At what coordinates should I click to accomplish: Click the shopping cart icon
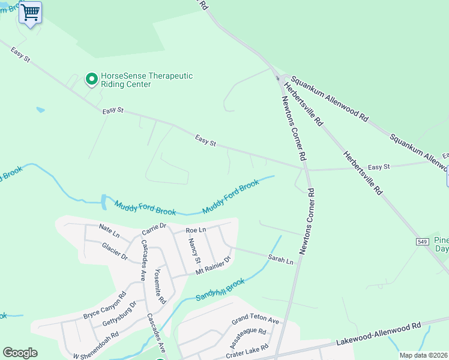(30, 11)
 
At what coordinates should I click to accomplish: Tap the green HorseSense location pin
(91, 79)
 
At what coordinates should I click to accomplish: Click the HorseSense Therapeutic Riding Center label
(146, 80)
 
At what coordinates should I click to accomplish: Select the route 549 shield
(422, 241)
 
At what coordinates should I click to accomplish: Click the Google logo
(20, 353)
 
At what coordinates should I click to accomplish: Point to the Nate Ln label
(110, 229)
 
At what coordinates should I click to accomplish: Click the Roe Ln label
(196, 230)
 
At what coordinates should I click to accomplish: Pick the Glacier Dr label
(115, 252)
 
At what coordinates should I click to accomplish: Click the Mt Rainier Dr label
(213, 265)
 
